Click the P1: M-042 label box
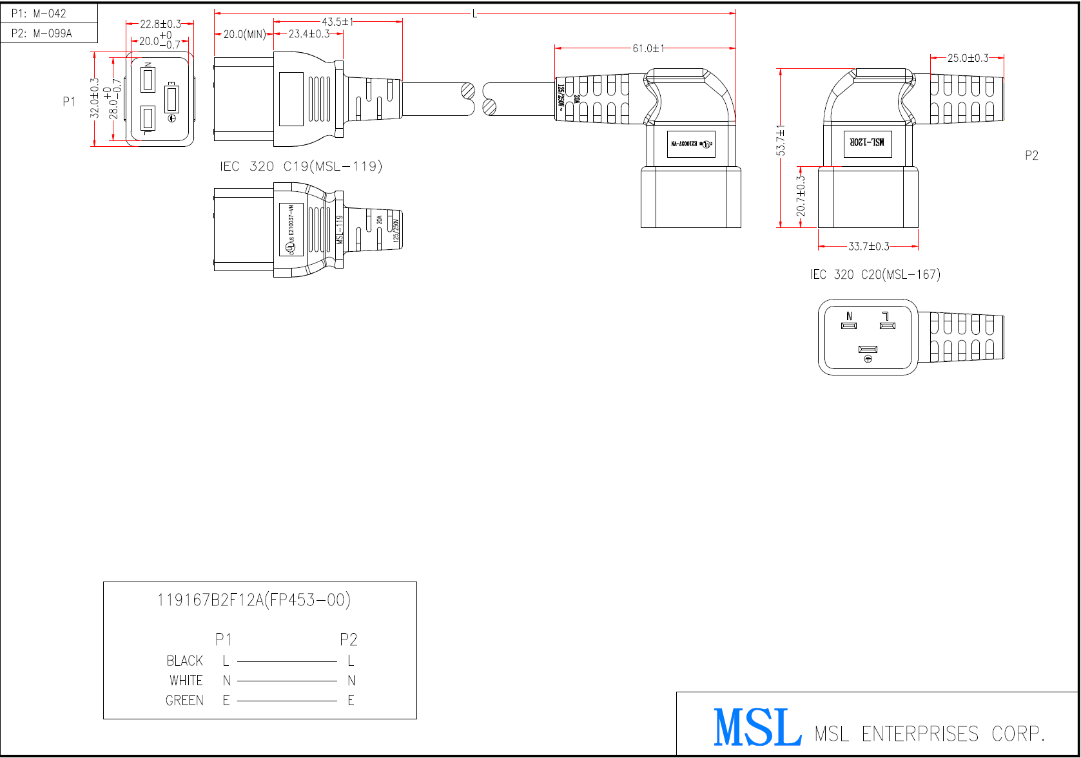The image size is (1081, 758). pyautogui.click(x=39, y=14)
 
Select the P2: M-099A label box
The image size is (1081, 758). pyautogui.click(x=42, y=33)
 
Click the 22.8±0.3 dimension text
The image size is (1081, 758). pyautogui.click(x=161, y=24)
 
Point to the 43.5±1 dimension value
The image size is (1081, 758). pyautogui.click(x=338, y=22)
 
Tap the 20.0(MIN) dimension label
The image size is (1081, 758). pyautogui.click(x=244, y=34)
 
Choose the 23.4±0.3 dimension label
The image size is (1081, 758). pyautogui.click(x=309, y=34)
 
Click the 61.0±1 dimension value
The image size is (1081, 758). pyautogui.click(x=648, y=48)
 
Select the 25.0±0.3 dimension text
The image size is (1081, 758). pyautogui.click(x=968, y=58)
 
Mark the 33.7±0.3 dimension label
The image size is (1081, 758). pyautogui.click(x=868, y=247)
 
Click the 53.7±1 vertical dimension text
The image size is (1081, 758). pyautogui.click(x=781, y=141)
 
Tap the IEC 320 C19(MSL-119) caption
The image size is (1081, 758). pyautogui.click(x=301, y=167)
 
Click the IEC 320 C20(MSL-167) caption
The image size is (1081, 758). pyautogui.click(x=875, y=275)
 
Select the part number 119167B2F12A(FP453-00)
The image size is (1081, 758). pyautogui.click(x=253, y=600)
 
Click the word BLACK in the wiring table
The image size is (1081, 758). pyautogui.click(x=184, y=661)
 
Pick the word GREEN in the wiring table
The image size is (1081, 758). pyautogui.click(x=184, y=701)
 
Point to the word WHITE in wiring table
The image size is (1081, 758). pyautogui.click(x=186, y=681)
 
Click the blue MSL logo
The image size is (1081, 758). pyautogui.click(x=757, y=728)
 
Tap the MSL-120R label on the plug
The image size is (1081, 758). pyautogui.click(x=867, y=142)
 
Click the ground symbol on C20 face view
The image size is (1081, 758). pyautogui.click(x=868, y=359)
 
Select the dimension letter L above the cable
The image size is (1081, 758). pyautogui.click(x=474, y=14)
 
